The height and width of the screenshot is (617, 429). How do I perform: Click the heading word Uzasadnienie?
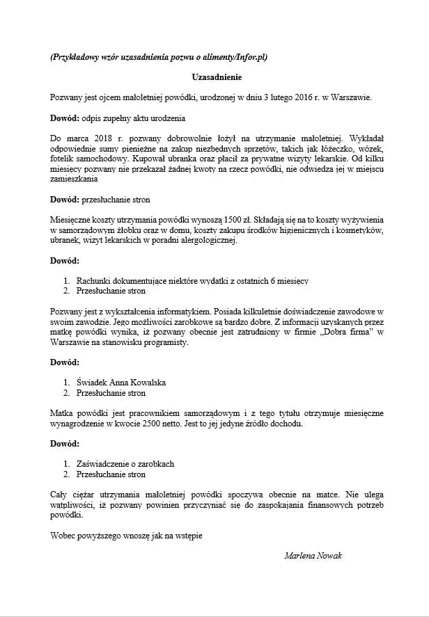tap(214, 78)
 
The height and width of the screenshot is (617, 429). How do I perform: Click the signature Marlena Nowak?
tap(313, 556)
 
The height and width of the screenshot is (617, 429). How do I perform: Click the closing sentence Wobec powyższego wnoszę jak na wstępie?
tap(127, 536)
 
